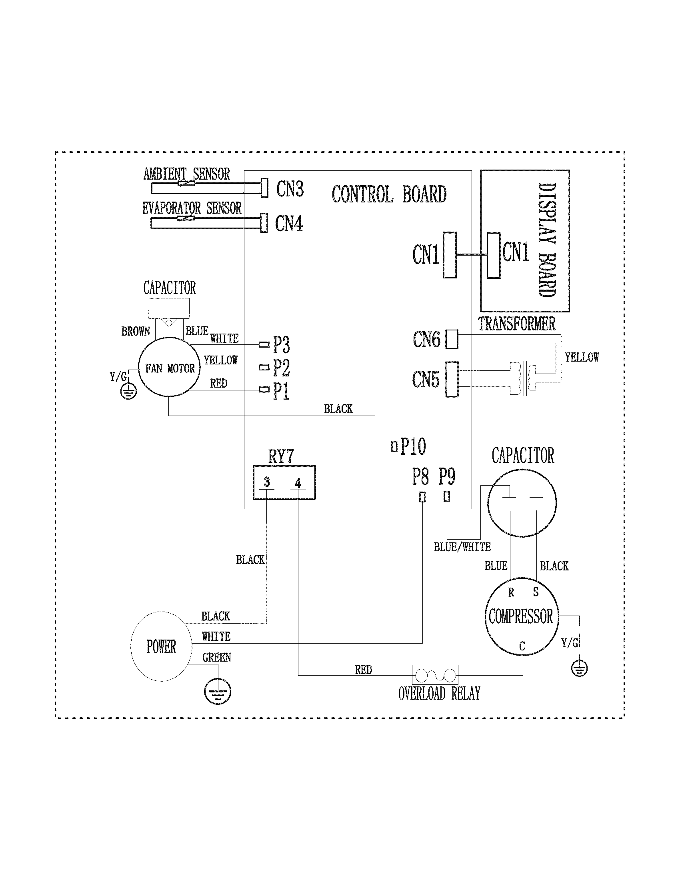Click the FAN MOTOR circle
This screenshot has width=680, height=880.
coord(169,368)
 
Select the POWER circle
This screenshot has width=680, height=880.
coord(161,646)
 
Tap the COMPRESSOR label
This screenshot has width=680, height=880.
coord(521,616)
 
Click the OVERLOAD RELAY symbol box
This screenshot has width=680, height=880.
coord(435,674)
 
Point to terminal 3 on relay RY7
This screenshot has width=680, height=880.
coord(267,482)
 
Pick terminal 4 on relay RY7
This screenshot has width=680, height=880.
coord(298,483)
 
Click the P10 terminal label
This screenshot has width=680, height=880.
coord(413,446)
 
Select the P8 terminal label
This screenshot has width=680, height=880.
coord(420,477)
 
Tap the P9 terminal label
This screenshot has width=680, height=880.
coord(447,476)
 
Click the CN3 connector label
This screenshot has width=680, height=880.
coord(290,188)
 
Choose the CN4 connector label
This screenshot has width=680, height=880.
coord(289,223)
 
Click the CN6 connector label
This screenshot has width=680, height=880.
coord(426,339)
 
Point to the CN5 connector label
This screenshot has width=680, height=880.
coord(426,379)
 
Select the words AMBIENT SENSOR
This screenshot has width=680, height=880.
coord(186,174)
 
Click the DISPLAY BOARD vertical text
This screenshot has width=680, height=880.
coord(547,240)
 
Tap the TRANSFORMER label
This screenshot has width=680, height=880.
coord(516,324)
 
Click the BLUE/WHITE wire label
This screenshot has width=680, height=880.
coord(462,547)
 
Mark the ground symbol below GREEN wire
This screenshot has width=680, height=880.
coord(218,692)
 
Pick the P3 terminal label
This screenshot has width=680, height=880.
coord(281,345)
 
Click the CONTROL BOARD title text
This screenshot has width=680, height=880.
coord(389,194)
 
